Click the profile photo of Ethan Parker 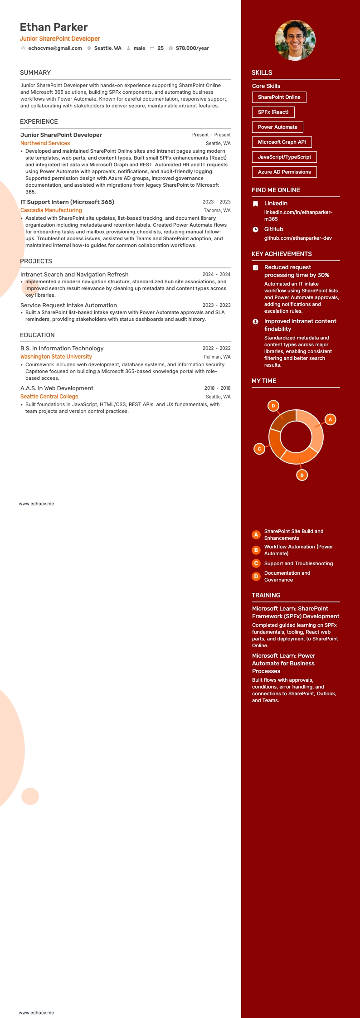[295, 40]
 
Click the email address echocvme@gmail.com [55, 48]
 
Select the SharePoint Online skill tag [279, 97]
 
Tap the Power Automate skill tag [277, 127]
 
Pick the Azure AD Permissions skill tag [284, 172]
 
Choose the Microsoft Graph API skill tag [282, 142]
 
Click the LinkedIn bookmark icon [256, 204]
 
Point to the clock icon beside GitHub [256, 229]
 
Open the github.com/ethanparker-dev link [298, 238]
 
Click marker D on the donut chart [273, 406]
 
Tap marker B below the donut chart [302, 475]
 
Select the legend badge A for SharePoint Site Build [256, 535]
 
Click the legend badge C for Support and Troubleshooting [256, 563]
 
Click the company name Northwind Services [45, 143]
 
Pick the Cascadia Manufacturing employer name [51, 210]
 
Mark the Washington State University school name [56, 357]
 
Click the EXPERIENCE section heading [39, 121]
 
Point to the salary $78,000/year [192, 48]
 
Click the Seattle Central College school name [49, 397]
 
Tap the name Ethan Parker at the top [54, 27]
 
